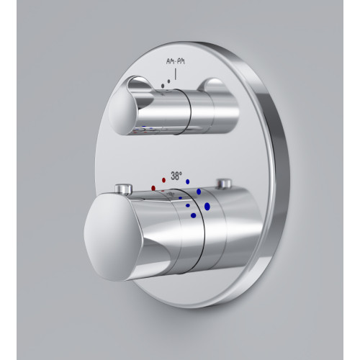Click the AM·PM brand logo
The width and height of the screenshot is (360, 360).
coord(176,62)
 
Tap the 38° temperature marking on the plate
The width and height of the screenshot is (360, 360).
coord(176,176)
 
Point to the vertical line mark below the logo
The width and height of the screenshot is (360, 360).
coord(176,74)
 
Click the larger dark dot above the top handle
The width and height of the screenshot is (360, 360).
coord(163,86)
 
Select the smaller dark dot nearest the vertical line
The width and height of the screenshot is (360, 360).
coord(168,81)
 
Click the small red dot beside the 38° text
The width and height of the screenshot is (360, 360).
coord(164,180)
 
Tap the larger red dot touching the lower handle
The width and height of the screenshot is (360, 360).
coord(153,188)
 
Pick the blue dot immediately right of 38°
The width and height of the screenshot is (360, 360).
coord(188,181)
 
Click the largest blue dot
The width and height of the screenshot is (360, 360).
coord(207,207)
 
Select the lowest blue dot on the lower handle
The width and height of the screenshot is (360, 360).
coord(194,215)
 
